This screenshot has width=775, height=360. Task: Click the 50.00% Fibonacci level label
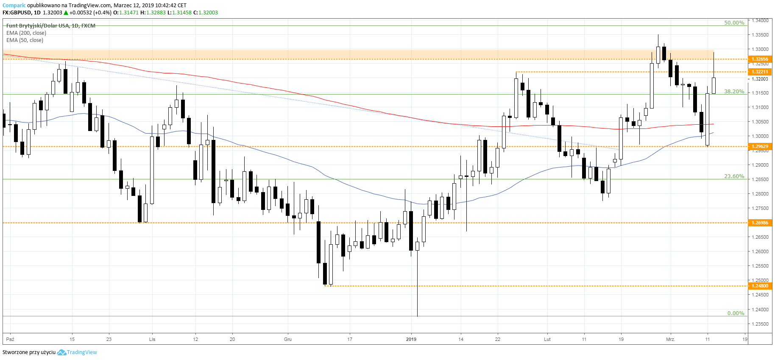(x=734, y=23)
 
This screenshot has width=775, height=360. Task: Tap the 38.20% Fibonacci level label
(x=734, y=92)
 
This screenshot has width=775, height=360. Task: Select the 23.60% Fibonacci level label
(x=734, y=176)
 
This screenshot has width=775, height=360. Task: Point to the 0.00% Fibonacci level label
(x=736, y=313)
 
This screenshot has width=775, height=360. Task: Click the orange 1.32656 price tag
(x=760, y=59)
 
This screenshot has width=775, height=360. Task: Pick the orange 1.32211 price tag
(x=760, y=72)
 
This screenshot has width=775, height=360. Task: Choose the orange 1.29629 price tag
(x=760, y=147)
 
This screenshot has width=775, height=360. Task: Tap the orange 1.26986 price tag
(x=760, y=223)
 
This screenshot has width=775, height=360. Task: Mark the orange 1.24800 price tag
(x=760, y=286)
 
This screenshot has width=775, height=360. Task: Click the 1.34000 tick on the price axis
(x=760, y=20)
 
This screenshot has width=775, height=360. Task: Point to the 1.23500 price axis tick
(x=760, y=324)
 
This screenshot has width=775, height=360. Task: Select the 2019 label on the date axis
(x=411, y=339)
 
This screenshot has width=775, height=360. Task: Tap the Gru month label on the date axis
(x=288, y=339)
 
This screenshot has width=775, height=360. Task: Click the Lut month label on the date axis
(x=547, y=339)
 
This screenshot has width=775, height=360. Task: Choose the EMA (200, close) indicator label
(x=26, y=33)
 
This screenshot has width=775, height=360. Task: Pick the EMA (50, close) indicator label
(x=25, y=40)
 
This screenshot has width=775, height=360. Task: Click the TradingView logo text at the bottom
(x=82, y=352)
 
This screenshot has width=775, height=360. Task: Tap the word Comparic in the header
(x=14, y=6)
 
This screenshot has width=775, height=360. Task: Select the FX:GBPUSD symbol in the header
(x=17, y=13)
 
